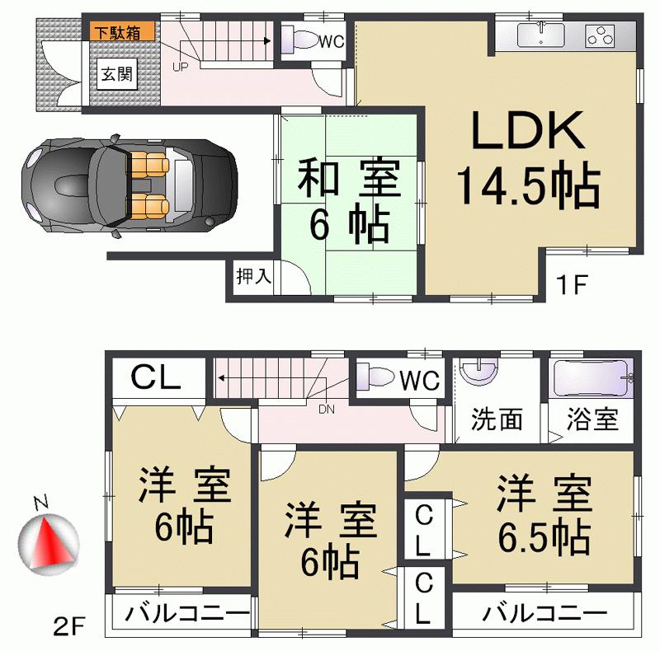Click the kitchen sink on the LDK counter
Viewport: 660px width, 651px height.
click(x=540, y=35)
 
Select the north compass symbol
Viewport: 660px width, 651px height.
click(x=48, y=540)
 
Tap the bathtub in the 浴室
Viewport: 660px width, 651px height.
click(x=591, y=380)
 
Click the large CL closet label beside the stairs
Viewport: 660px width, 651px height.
click(x=156, y=379)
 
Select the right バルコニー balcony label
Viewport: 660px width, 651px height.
click(x=544, y=614)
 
